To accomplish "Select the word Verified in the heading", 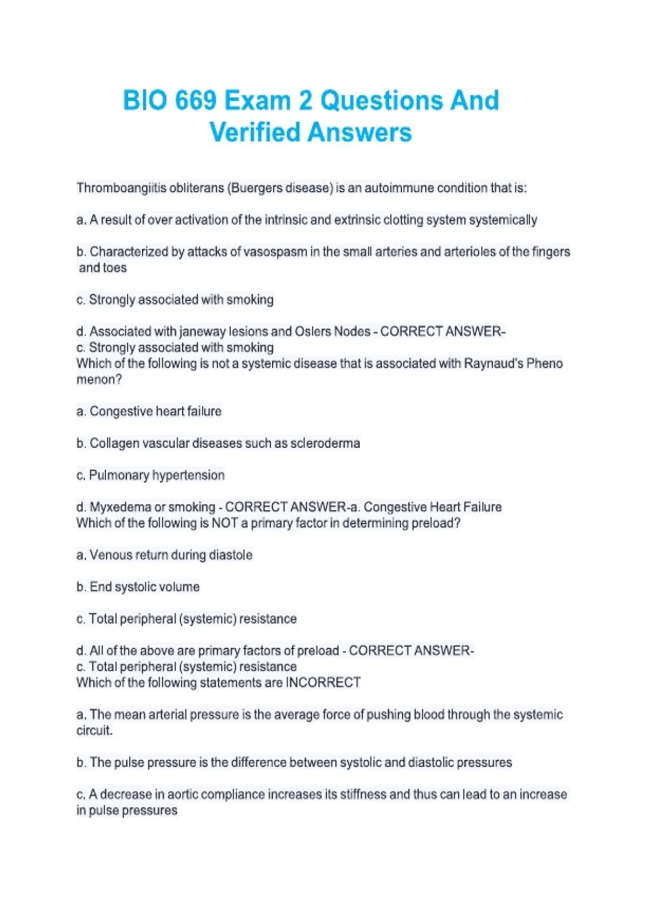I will (254, 133).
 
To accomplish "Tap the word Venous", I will (109, 555).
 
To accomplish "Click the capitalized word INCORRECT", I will (323, 683).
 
